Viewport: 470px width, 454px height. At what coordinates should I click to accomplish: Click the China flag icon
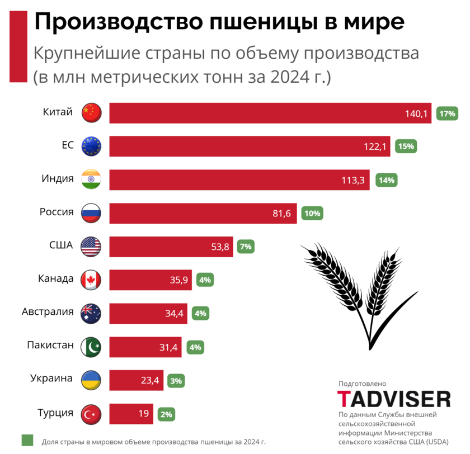pyautogui.click(x=91, y=112)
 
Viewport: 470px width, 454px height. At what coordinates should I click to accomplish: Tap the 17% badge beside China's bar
pyautogui.click(x=448, y=114)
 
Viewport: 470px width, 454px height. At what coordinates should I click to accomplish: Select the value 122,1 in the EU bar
pyautogui.click(x=376, y=146)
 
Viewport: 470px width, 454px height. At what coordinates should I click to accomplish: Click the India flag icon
pyautogui.click(x=91, y=179)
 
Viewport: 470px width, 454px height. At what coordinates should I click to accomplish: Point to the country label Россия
pyautogui.click(x=57, y=212)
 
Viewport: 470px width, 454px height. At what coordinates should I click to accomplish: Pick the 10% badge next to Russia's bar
pyautogui.click(x=312, y=213)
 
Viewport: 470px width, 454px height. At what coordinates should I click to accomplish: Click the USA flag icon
pyautogui.click(x=91, y=246)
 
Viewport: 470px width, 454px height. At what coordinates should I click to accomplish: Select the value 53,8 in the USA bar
pyautogui.click(x=219, y=247)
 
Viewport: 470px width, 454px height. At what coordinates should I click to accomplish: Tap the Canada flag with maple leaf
pyautogui.click(x=91, y=280)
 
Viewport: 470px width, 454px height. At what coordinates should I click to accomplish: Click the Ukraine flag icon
pyautogui.click(x=91, y=380)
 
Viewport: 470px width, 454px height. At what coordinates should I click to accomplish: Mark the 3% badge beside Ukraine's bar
pyautogui.click(x=176, y=381)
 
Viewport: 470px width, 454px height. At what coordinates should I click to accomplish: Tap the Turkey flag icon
pyautogui.click(x=91, y=414)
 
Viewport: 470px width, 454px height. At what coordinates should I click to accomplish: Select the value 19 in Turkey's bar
pyautogui.click(x=144, y=414)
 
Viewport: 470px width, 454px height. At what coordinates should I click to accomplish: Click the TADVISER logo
pyautogui.click(x=394, y=399)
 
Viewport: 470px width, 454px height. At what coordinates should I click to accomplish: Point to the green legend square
pyautogui.click(x=27, y=441)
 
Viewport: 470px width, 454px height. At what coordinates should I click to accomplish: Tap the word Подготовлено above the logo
pyautogui.click(x=362, y=384)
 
